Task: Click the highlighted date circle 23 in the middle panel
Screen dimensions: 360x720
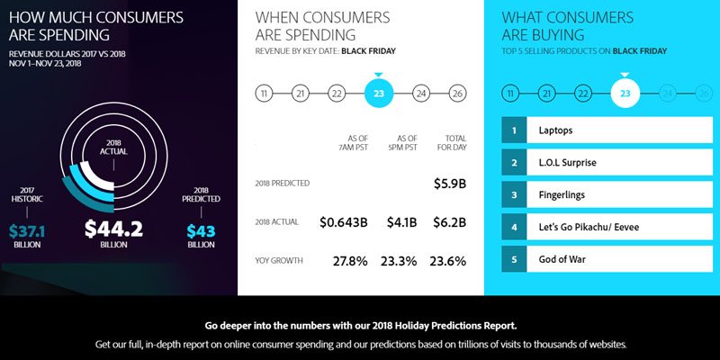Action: click(x=379, y=93)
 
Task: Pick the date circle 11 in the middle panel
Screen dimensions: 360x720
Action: click(x=264, y=94)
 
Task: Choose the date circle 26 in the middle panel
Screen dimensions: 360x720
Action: click(x=457, y=94)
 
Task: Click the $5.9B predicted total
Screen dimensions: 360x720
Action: click(x=448, y=184)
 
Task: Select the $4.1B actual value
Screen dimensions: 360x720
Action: click(x=401, y=222)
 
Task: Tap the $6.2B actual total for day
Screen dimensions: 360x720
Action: click(x=448, y=222)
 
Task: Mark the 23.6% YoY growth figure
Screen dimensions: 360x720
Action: click(x=448, y=261)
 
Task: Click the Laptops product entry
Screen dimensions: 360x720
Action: click(x=612, y=130)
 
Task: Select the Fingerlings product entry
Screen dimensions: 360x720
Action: click(x=612, y=194)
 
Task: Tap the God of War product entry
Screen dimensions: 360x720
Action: click(x=612, y=261)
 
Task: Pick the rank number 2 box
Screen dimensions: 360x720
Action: click(x=514, y=162)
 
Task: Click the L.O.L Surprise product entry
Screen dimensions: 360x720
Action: click(x=612, y=162)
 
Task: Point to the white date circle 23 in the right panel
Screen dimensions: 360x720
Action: click(x=625, y=94)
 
